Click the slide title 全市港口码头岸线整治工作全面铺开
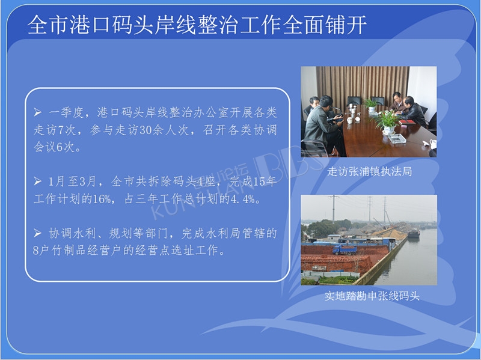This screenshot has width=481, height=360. pyautogui.click(x=197, y=25)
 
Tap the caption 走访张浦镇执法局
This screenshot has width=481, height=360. pyautogui.click(x=369, y=171)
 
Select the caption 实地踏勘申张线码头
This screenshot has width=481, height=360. pyautogui.click(x=372, y=296)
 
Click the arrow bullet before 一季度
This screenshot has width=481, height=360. pyautogui.click(x=37, y=112)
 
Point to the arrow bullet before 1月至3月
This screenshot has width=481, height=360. pyautogui.click(x=37, y=182)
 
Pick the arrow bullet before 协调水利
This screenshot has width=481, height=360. pyautogui.click(x=37, y=233)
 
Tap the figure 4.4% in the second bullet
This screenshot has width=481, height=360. pyautogui.click(x=243, y=200)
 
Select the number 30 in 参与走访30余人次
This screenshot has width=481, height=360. pyautogui.click(x=146, y=130)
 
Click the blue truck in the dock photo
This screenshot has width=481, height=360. pyautogui.click(x=345, y=249)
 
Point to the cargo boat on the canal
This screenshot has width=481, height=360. pyautogui.click(x=414, y=233)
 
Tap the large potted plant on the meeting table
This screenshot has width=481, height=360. pyautogui.click(x=387, y=123)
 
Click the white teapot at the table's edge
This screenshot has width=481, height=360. pyautogui.click(x=432, y=144)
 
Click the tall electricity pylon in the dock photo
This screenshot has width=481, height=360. pyautogui.click(x=334, y=208)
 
